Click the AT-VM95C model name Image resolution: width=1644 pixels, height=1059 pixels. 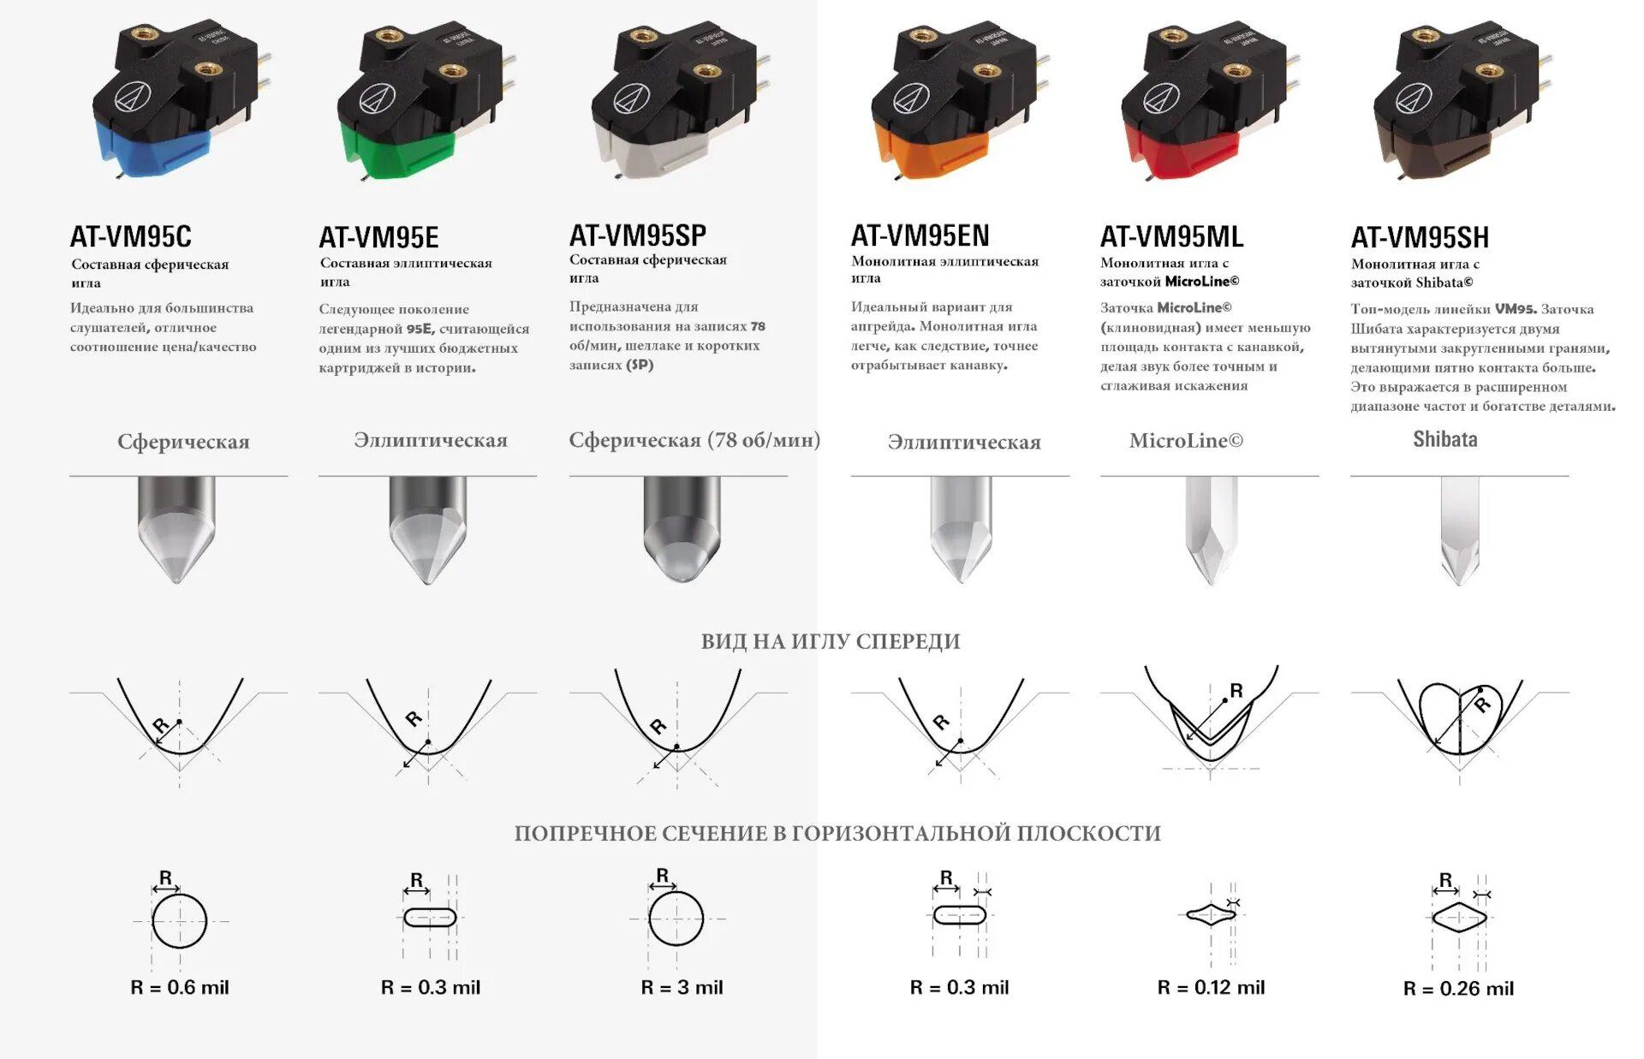click(x=131, y=236)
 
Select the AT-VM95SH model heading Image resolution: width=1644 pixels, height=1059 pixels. click(x=1420, y=237)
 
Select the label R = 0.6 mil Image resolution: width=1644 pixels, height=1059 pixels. click(x=180, y=987)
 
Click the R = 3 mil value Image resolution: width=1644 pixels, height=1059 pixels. click(x=682, y=987)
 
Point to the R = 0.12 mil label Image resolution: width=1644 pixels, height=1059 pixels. click(x=1211, y=987)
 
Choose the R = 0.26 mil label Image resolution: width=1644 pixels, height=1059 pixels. click(x=1458, y=988)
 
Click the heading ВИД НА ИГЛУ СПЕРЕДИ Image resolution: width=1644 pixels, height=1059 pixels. click(x=831, y=641)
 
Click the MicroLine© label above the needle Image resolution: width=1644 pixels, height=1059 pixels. click(x=1186, y=440)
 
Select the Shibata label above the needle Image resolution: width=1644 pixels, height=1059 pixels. click(x=1445, y=439)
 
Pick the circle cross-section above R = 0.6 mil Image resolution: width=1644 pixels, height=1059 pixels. click(x=180, y=920)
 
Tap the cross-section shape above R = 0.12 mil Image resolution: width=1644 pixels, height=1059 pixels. click(x=1212, y=914)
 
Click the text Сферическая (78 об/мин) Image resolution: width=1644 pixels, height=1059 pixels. click(x=694, y=440)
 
